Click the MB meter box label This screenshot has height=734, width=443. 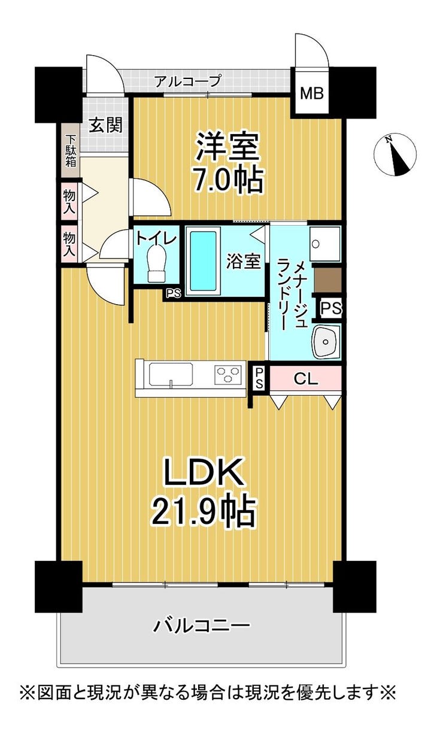(x=312, y=93)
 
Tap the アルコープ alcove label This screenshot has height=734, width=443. (x=188, y=81)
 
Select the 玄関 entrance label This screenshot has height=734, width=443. (x=106, y=125)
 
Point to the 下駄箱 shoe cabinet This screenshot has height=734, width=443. (x=71, y=151)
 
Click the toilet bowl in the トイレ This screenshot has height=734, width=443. (x=156, y=266)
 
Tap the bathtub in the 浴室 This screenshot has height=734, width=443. (x=203, y=260)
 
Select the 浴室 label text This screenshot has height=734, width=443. (x=244, y=261)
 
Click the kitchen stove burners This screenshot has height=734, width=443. (x=228, y=374)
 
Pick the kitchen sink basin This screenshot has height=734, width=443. (x=171, y=374)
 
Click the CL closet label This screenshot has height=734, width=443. (x=306, y=379)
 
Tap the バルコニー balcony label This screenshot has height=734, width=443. (x=202, y=625)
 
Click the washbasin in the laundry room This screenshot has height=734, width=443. (x=326, y=342)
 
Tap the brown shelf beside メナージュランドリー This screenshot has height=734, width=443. (x=327, y=280)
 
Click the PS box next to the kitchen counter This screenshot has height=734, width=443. (x=259, y=378)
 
